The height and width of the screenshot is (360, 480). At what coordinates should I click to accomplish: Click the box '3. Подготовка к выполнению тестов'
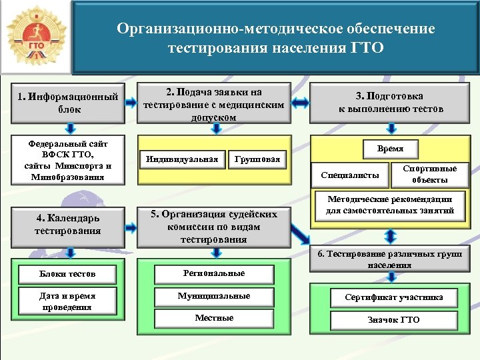(390, 102)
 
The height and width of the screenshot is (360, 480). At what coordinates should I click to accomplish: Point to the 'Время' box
(390, 149)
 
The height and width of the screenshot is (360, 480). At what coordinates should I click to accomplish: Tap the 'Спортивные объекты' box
(430, 174)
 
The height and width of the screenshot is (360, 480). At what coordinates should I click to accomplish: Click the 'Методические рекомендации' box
(390, 205)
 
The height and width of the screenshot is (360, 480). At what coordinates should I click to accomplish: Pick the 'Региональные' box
(214, 273)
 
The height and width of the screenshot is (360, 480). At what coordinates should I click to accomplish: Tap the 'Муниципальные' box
(214, 295)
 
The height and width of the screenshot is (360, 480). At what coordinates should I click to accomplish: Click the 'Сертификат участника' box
(393, 297)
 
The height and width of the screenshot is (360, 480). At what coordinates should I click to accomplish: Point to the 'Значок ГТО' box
(393, 319)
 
